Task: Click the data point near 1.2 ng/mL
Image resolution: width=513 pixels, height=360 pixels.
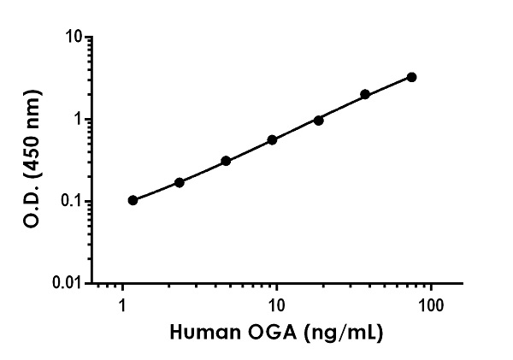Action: click(x=133, y=200)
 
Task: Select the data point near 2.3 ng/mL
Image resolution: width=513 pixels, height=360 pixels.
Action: click(x=180, y=182)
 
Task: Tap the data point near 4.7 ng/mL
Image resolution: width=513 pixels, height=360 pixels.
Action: click(x=226, y=161)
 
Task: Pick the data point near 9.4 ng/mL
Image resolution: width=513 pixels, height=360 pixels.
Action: click(x=272, y=139)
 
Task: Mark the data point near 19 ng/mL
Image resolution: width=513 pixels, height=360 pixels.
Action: click(x=319, y=121)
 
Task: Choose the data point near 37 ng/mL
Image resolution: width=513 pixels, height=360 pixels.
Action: click(x=365, y=94)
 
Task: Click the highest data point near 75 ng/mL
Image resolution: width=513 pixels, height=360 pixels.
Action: click(x=412, y=77)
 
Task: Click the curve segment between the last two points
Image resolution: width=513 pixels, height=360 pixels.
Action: click(x=389, y=86)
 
